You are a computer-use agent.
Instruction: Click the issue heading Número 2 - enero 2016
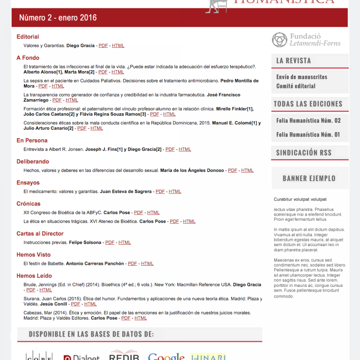pos(58,18)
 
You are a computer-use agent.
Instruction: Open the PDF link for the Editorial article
pos(103,46)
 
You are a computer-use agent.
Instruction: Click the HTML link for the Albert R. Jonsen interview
pos(185,150)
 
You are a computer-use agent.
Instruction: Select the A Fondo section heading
pos(28,58)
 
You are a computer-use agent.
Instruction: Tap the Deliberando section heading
pos(33,162)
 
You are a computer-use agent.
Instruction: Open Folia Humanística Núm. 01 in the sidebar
pos(308,135)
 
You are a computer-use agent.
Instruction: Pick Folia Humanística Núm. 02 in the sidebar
pos(308,120)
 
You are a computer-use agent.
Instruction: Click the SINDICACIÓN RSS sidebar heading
pos(304,153)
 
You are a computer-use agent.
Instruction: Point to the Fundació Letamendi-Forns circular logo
pos(279,40)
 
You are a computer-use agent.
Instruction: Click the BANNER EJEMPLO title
pos(309,178)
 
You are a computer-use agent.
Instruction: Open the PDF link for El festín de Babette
pos(133,264)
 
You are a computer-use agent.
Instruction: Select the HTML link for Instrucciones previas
pos(125,243)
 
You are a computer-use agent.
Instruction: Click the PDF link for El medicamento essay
pos(160,192)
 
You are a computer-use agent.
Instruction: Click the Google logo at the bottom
pos(166,356)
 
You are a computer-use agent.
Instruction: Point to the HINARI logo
pos(209,356)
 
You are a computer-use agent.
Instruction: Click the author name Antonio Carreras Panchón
pos(95,264)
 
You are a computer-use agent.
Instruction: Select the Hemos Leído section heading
pos(34,276)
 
